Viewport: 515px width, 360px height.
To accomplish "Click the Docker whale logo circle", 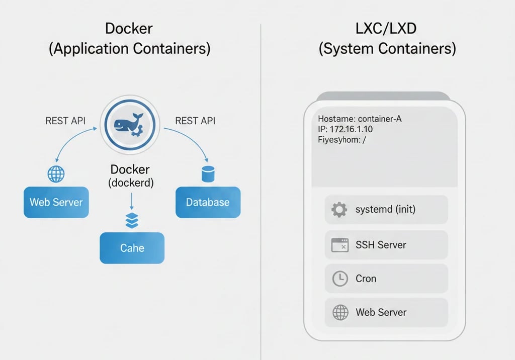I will coord(130,124).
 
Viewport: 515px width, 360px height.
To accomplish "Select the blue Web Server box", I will coord(56,202).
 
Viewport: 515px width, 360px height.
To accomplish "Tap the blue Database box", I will coord(208,202).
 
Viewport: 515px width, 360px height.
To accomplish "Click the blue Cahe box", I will coord(132,248).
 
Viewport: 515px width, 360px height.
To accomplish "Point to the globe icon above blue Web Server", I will coord(56,174).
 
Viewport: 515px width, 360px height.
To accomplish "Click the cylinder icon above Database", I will coord(207,174).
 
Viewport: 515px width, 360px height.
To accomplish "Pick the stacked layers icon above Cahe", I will coord(131,220).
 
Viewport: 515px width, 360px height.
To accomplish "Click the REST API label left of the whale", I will coord(65,121).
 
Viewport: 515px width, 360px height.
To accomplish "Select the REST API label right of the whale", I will coord(195,121).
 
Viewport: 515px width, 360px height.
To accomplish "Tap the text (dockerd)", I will coord(131,183).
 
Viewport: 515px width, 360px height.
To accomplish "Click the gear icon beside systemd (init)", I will coord(339,209).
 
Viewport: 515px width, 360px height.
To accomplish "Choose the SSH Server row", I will coord(386,245).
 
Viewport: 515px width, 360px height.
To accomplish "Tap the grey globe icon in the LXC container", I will coord(340,312).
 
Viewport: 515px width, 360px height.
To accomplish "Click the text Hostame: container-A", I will coord(360,119).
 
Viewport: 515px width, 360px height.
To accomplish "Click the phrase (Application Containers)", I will coord(130,49).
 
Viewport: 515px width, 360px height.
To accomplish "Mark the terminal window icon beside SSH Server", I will coord(340,245).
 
